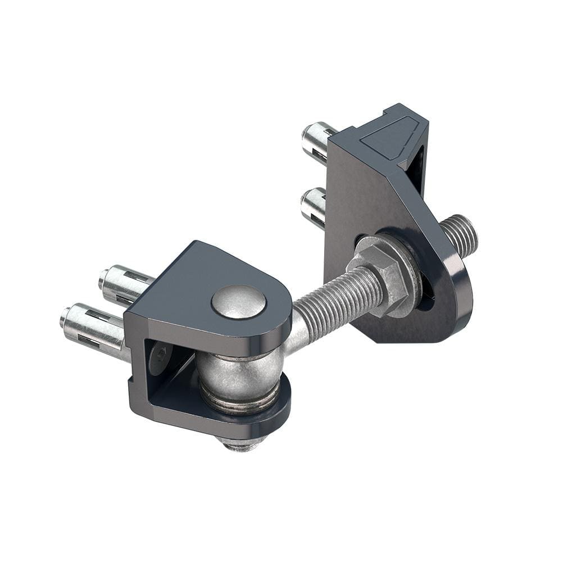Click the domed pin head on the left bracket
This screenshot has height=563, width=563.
(239, 302)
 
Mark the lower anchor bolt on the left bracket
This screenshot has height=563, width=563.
(93, 329)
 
